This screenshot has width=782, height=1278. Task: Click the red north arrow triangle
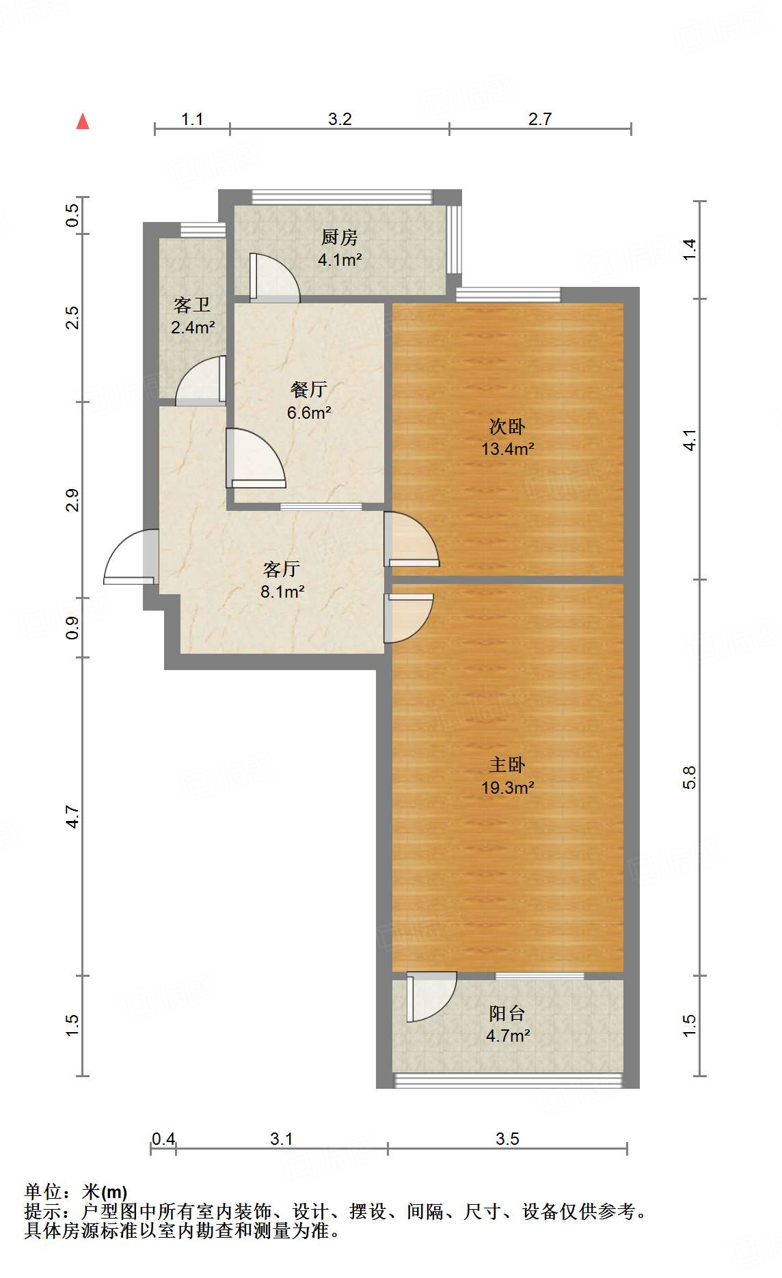83,122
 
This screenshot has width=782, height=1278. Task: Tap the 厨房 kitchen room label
340,237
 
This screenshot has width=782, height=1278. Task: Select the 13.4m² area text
507,449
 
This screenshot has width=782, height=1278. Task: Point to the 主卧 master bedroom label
507,764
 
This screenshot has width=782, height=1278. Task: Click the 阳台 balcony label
507,1013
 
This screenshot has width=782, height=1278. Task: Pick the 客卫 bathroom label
192,305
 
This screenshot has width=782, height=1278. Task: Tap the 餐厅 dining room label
309,389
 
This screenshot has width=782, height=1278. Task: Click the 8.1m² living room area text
282,592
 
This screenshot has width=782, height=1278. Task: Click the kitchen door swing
273,277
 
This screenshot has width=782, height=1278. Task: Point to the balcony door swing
430,996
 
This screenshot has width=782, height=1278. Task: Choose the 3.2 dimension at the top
340,119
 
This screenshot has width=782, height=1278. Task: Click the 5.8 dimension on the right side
689,777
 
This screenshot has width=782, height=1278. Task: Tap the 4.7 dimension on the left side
72,817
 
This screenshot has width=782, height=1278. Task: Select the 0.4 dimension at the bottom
163,1139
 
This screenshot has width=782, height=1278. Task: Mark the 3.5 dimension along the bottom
507,1139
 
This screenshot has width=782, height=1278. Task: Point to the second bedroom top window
508,295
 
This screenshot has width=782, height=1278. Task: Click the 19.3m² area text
507,787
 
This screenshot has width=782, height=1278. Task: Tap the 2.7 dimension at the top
539,119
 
